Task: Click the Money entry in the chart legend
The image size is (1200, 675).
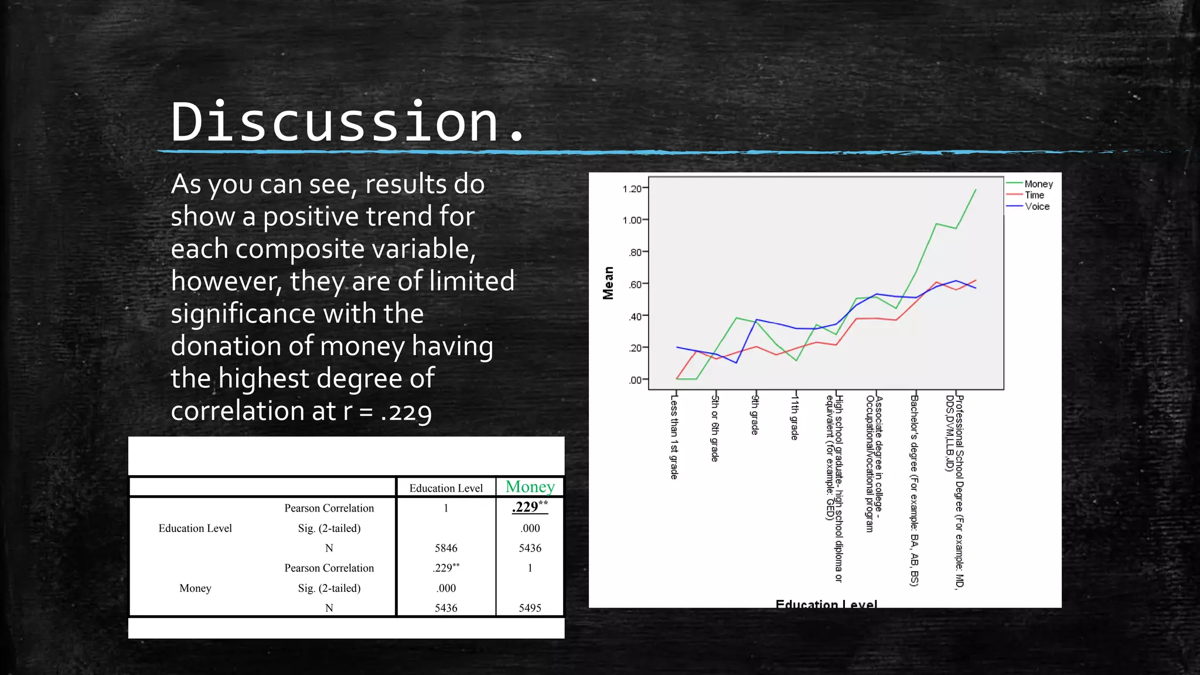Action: (x=1038, y=184)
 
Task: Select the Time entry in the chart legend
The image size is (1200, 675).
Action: (x=1034, y=195)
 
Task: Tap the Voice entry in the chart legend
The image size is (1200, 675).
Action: (x=1037, y=206)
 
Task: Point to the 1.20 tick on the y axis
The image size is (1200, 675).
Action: (x=632, y=189)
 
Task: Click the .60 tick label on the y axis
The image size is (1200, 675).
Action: (x=635, y=285)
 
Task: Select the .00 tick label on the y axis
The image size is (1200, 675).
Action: (x=635, y=380)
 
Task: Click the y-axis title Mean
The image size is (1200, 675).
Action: (x=608, y=283)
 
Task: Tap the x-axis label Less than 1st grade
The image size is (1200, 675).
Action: (x=674, y=437)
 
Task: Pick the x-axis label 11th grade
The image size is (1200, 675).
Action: (x=795, y=417)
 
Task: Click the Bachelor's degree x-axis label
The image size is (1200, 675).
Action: (x=914, y=489)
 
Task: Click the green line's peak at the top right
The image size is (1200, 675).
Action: (x=976, y=189)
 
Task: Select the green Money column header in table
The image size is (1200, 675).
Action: (x=530, y=487)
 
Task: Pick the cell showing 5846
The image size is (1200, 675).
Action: (x=446, y=548)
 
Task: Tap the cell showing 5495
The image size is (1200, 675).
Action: (x=530, y=608)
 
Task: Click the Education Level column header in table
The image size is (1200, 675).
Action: (x=446, y=488)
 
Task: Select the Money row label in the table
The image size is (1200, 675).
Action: (x=195, y=588)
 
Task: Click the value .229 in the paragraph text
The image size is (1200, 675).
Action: (x=406, y=412)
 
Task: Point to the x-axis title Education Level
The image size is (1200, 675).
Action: (x=826, y=604)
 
